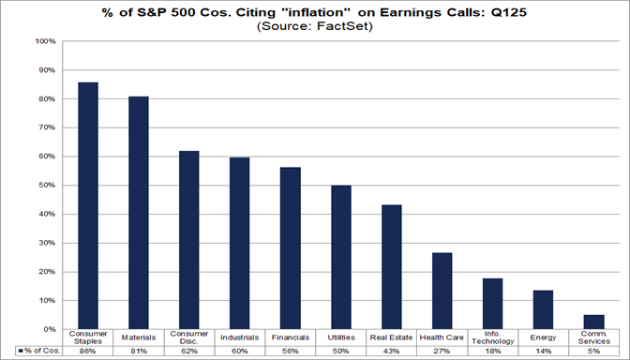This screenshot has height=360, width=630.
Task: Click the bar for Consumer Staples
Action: pos(88,205)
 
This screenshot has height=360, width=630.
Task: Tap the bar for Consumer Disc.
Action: pos(189,240)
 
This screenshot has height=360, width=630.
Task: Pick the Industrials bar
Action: pos(240,243)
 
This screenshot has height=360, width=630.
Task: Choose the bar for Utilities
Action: pos(341,257)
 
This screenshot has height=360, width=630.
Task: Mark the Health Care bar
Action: pos(442,291)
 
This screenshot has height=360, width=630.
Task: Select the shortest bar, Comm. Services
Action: pos(594,322)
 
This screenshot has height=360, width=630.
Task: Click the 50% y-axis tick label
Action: pos(47,186)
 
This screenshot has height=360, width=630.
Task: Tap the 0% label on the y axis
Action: pos(50,330)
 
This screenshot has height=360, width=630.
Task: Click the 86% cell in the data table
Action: pos(88,351)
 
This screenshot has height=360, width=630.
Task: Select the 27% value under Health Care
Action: pos(442,351)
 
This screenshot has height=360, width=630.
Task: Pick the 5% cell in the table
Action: pos(594,351)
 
